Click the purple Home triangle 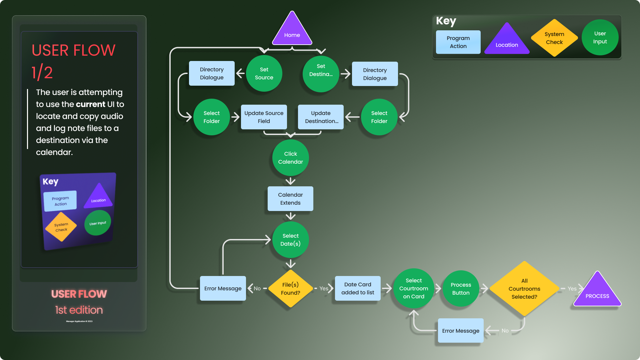pyautogui.click(x=292, y=32)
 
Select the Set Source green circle pyautogui.click(x=264, y=73)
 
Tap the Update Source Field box pyautogui.click(x=264, y=117)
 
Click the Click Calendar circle pyautogui.click(x=290, y=158)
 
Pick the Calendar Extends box pyautogui.click(x=290, y=199)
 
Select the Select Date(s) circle pyautogui.click(x=290, y=240)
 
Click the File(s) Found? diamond pyautogui.click(x=290, y=289)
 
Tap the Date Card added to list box pyautogui.click(x=358, y=288)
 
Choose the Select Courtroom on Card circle pyautogui.click(x=414, y=288)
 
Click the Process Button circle pyautogui.click(x=461, y=289)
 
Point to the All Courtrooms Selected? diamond pyautogui.click(x=524, y=289)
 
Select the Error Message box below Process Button pyautogui.click(x=461, y=331)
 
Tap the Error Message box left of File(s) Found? pyautogui.click(x=223, y=288)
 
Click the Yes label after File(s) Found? pyautogui.click(x=324, y=288)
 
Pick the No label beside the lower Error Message pyautogui.click(x=505, y=331)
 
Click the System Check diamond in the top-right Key pyautogui.click(x=554, y=38)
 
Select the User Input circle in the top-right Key pyautogui.click(x=600, y=37)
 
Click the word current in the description pyautogui.click(x=90, y=104)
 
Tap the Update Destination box pyautogui.click(x=321, y=117)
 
